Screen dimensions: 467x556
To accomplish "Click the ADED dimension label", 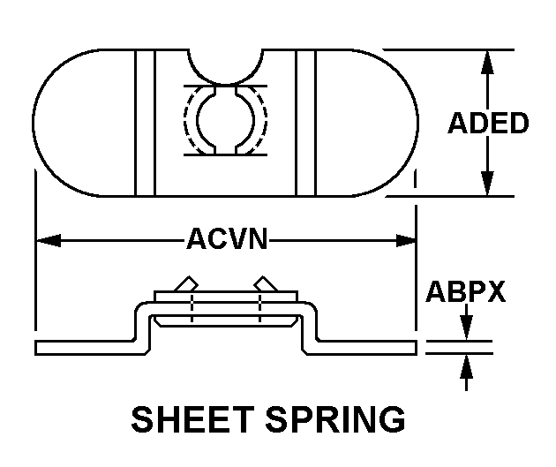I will coord(488,123).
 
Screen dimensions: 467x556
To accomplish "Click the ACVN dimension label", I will coord(226,239).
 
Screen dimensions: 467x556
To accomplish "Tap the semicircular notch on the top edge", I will coord(226,64).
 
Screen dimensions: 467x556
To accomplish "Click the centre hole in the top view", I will coord(226,119).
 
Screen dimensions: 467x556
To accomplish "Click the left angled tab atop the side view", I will coord(186,284).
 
